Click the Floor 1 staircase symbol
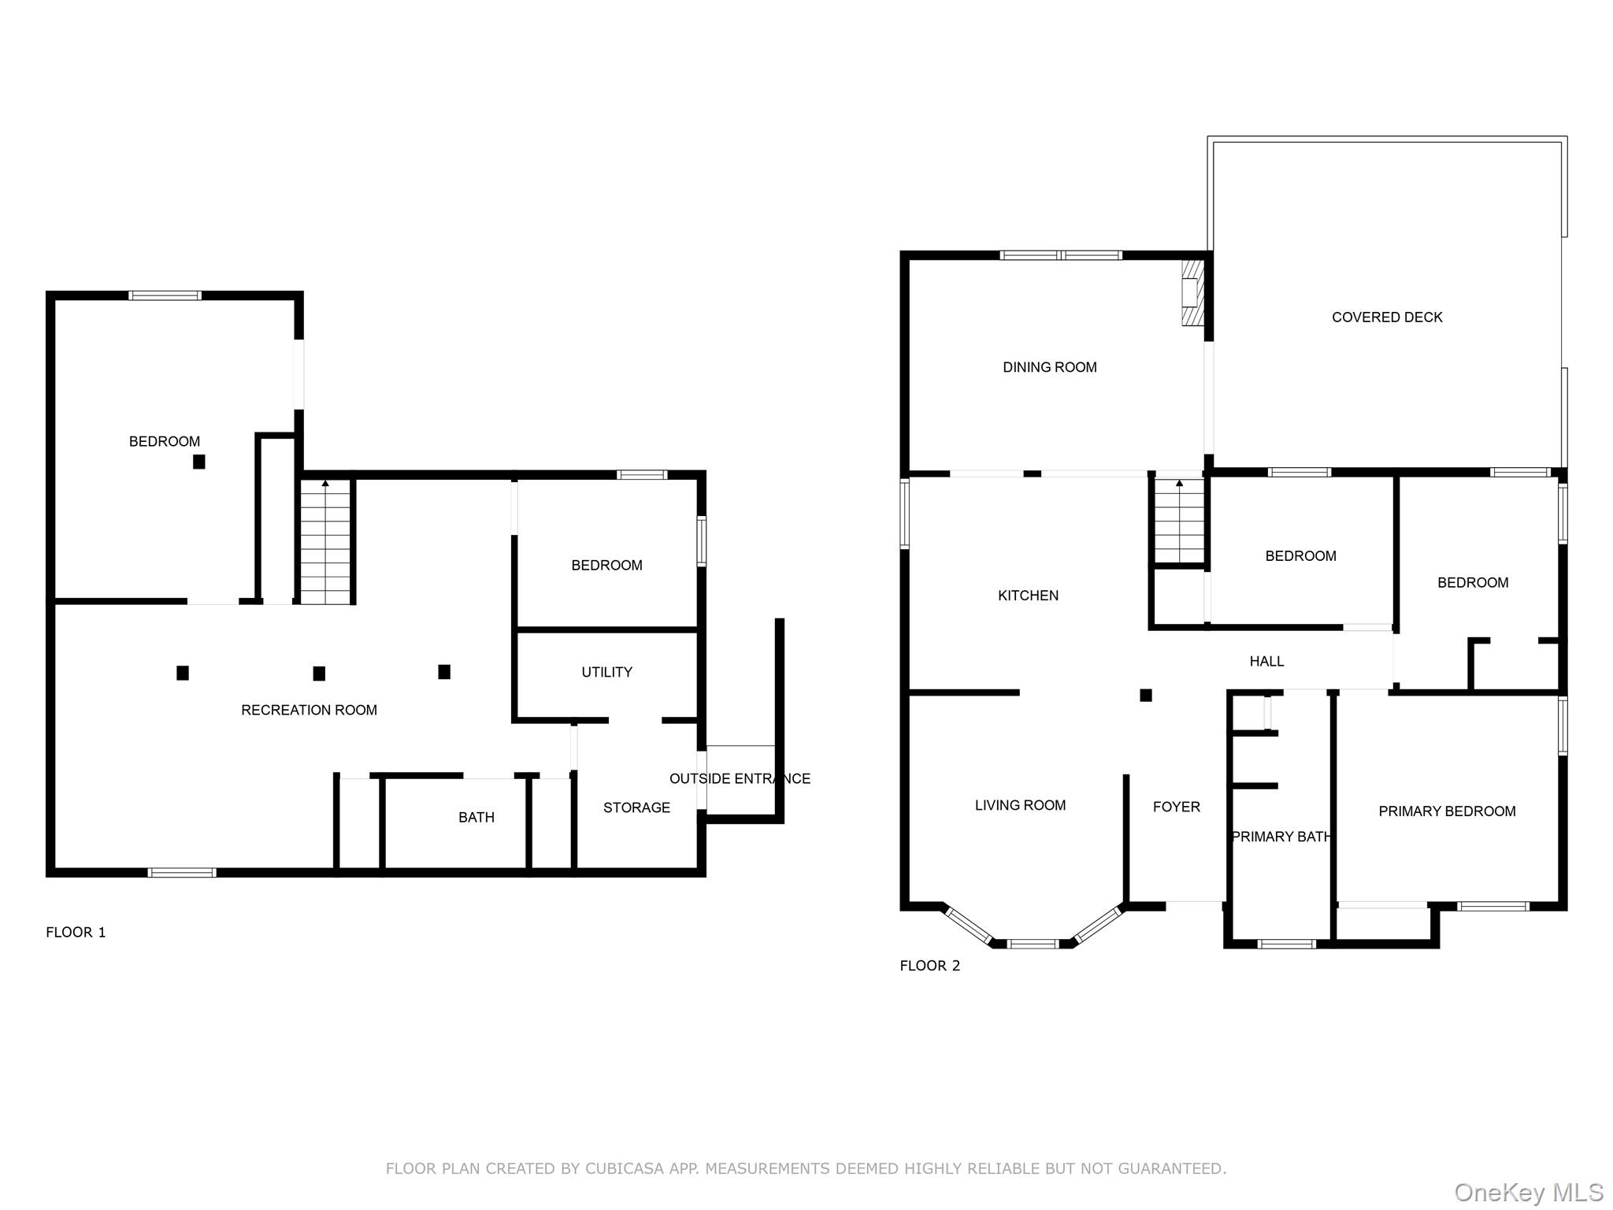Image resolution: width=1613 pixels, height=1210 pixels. (325, 541)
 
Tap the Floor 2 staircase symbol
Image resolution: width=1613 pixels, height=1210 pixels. (1179, 521)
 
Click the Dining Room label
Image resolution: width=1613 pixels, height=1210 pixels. (1049, 367)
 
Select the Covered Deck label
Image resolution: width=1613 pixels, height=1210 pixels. (1387, 317)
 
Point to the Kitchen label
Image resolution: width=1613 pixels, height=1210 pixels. (1028, 596)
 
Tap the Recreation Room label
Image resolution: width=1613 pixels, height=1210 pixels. (309, 711)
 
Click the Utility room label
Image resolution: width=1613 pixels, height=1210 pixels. (606, 672)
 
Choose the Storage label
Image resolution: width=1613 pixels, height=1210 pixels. (636, 807)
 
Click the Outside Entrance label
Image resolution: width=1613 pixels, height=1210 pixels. (740, 779)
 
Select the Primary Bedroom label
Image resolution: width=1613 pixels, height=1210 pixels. (1447, 811)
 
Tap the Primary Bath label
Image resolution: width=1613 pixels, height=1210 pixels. (1281, 837)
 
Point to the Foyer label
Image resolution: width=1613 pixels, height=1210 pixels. (1177, 807)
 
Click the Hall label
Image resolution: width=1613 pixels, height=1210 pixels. (1266, 662)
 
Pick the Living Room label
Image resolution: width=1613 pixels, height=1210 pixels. (1020, 805)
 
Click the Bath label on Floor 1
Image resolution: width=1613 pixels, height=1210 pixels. (476, 818)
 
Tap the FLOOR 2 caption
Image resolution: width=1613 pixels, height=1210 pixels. (930, 966)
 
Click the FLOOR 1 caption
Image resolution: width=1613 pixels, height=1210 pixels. (76, 933)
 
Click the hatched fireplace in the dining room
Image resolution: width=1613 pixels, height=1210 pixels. (1193, 293)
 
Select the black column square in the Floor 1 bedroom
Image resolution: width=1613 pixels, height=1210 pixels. (199, 462)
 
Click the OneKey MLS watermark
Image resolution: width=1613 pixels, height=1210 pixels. (1528, 1193)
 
